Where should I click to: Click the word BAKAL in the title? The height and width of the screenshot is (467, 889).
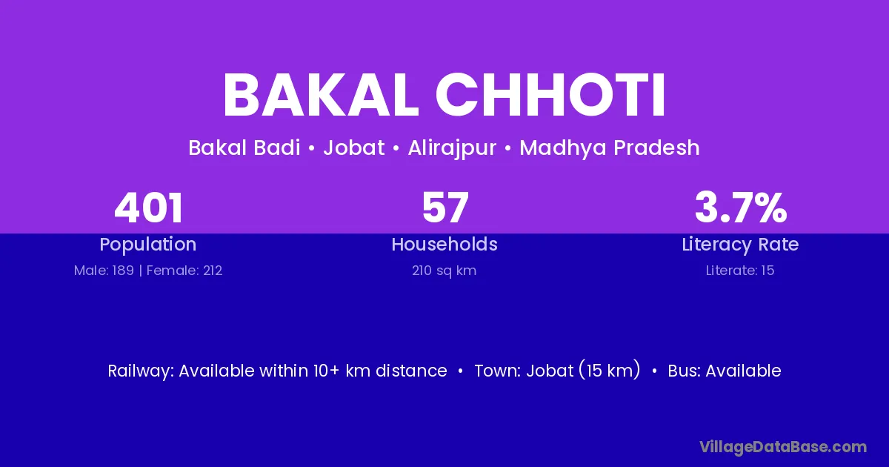(x=321, y=95)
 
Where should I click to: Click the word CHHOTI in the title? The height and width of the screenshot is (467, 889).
(x=551, y=95)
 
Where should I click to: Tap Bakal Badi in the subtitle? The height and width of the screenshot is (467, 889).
(x=244, y=148)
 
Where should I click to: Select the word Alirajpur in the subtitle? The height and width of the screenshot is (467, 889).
(x=452, y=148)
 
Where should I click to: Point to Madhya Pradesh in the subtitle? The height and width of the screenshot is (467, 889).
(x=610, y=148)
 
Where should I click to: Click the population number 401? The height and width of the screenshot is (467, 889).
(x=148, y=208)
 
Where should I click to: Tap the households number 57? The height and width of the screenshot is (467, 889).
(x=445, y=208)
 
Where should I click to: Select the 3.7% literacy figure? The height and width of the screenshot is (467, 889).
(x=741, y=208)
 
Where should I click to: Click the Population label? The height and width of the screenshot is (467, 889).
(x=148, y=245)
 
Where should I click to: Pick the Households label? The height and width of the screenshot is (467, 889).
(x=444, y=244)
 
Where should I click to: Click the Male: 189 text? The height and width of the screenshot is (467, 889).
(x=104, y=271)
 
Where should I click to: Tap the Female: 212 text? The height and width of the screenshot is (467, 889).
(x=184, y=271)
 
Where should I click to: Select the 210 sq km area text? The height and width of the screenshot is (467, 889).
(x=444, y=271)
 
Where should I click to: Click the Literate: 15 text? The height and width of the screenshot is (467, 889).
(x=740, y=271)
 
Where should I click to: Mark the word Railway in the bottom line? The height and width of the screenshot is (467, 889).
(x=141, y=371)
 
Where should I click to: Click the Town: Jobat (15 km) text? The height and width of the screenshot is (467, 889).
(x=558, y=371)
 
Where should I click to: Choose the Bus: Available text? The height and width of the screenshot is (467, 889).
(x=725, y=371)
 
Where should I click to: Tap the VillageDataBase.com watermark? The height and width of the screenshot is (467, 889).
(x=783, y=447)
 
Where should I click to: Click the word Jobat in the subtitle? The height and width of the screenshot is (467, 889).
(x=354, y=148)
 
